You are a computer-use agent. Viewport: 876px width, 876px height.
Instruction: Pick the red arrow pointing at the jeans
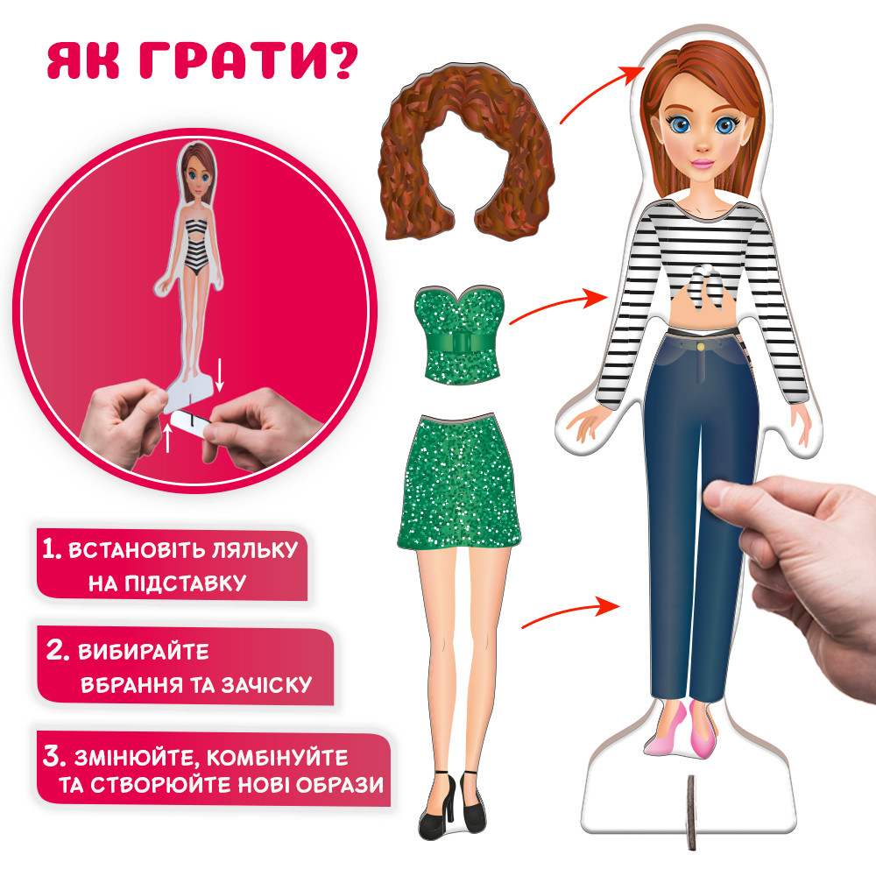click(566, 613)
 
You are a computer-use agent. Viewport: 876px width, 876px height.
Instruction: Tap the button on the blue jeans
click(702, 348)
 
